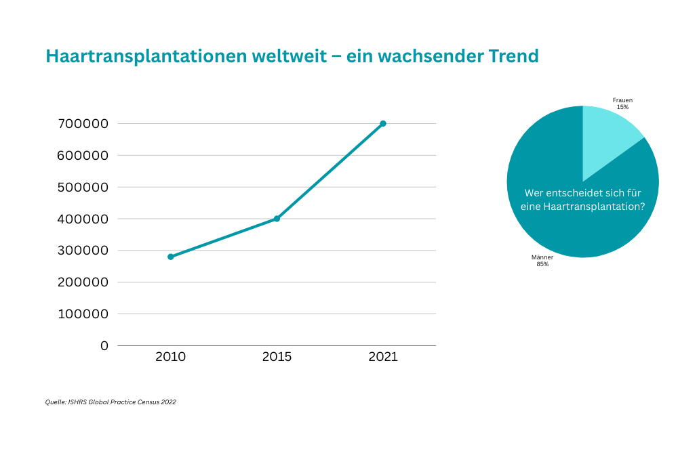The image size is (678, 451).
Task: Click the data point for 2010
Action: pos(171,257)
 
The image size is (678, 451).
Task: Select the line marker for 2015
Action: pos(277,219)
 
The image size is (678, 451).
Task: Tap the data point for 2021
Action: pos(383,123)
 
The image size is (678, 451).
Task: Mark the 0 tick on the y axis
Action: pos(104,346)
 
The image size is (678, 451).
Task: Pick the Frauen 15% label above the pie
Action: pos(622,104)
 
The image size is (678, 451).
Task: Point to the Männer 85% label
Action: pos(542,261)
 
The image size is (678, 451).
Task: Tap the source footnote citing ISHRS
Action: pos(111,402)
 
